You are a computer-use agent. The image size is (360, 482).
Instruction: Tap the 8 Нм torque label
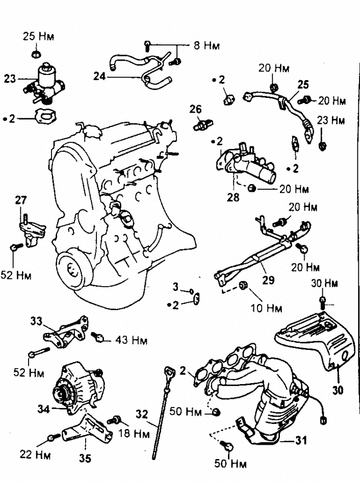(x=205, y=45)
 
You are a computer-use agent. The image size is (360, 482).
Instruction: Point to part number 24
(x=99, y=76)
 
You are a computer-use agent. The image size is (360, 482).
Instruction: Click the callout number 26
(x=195, y=109)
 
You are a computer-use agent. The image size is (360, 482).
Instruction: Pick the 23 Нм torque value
(x=330, y=120)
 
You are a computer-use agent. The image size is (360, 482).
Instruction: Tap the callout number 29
(x=268, y=280)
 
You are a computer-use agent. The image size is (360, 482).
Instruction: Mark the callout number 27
(x=21, y=200)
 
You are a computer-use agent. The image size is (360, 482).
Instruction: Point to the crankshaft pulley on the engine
(x=72, y=268)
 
